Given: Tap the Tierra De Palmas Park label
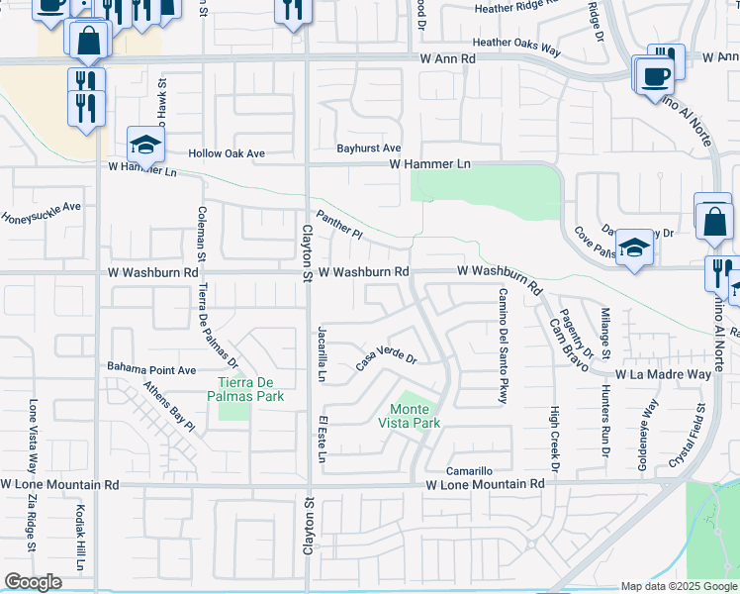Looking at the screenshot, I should click(250, 389).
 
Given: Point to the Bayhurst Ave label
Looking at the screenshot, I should click(368, 148).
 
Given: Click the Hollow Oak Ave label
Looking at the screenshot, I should click(229, 153).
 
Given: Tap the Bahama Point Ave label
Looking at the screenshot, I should click(152, 368).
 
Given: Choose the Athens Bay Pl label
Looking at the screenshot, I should click(169, 406).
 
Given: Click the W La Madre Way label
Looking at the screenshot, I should click(663, 375).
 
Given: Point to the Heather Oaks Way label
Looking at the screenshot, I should click(516, 43).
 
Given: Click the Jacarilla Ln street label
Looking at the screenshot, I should click(322, 353).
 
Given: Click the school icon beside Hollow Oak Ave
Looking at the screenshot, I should click(145, 146).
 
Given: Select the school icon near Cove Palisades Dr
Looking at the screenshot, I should click(633, 248).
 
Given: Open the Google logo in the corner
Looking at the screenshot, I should click(33, 582).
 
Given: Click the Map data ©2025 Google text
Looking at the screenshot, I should click(679, 586).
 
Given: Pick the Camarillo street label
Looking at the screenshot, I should click(468, 471).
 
